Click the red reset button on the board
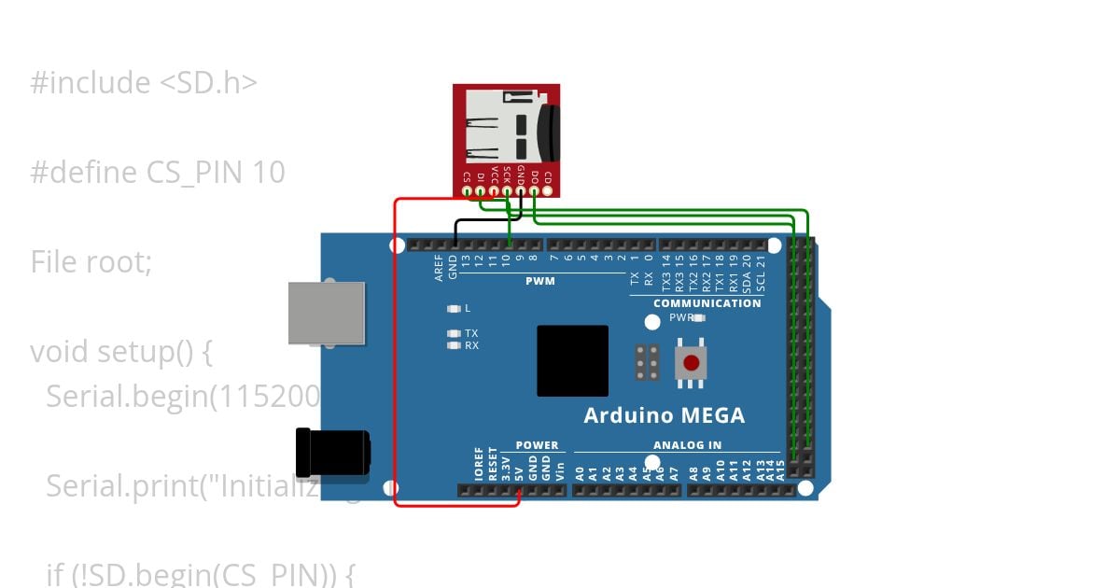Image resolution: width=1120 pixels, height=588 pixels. click(691, 363)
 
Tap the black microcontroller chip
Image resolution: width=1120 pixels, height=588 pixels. click(572, 360)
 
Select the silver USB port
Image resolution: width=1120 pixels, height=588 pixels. click(326, 313)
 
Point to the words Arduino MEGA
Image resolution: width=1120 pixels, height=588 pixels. click(664, 415)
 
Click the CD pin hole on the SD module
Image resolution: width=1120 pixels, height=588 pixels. click(547, 191)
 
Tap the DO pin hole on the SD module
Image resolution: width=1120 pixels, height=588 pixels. click(534, 191)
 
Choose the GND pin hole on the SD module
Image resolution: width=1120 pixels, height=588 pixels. click(520, 191)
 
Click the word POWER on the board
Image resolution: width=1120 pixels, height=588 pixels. click(537, 445)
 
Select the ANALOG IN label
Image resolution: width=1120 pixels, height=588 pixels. click(687, 445)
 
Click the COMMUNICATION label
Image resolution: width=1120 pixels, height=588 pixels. click(707, 303)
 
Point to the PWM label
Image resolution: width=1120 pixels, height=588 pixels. click(539, 281)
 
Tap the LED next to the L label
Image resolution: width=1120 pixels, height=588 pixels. click(454, 308)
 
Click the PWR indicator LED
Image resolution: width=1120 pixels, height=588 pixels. click(699, 317)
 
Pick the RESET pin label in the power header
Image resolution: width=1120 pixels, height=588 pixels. click(492, 463)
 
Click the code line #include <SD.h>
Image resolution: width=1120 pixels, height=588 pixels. click(144, 83)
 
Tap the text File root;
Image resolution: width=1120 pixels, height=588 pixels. click(91, 261)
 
